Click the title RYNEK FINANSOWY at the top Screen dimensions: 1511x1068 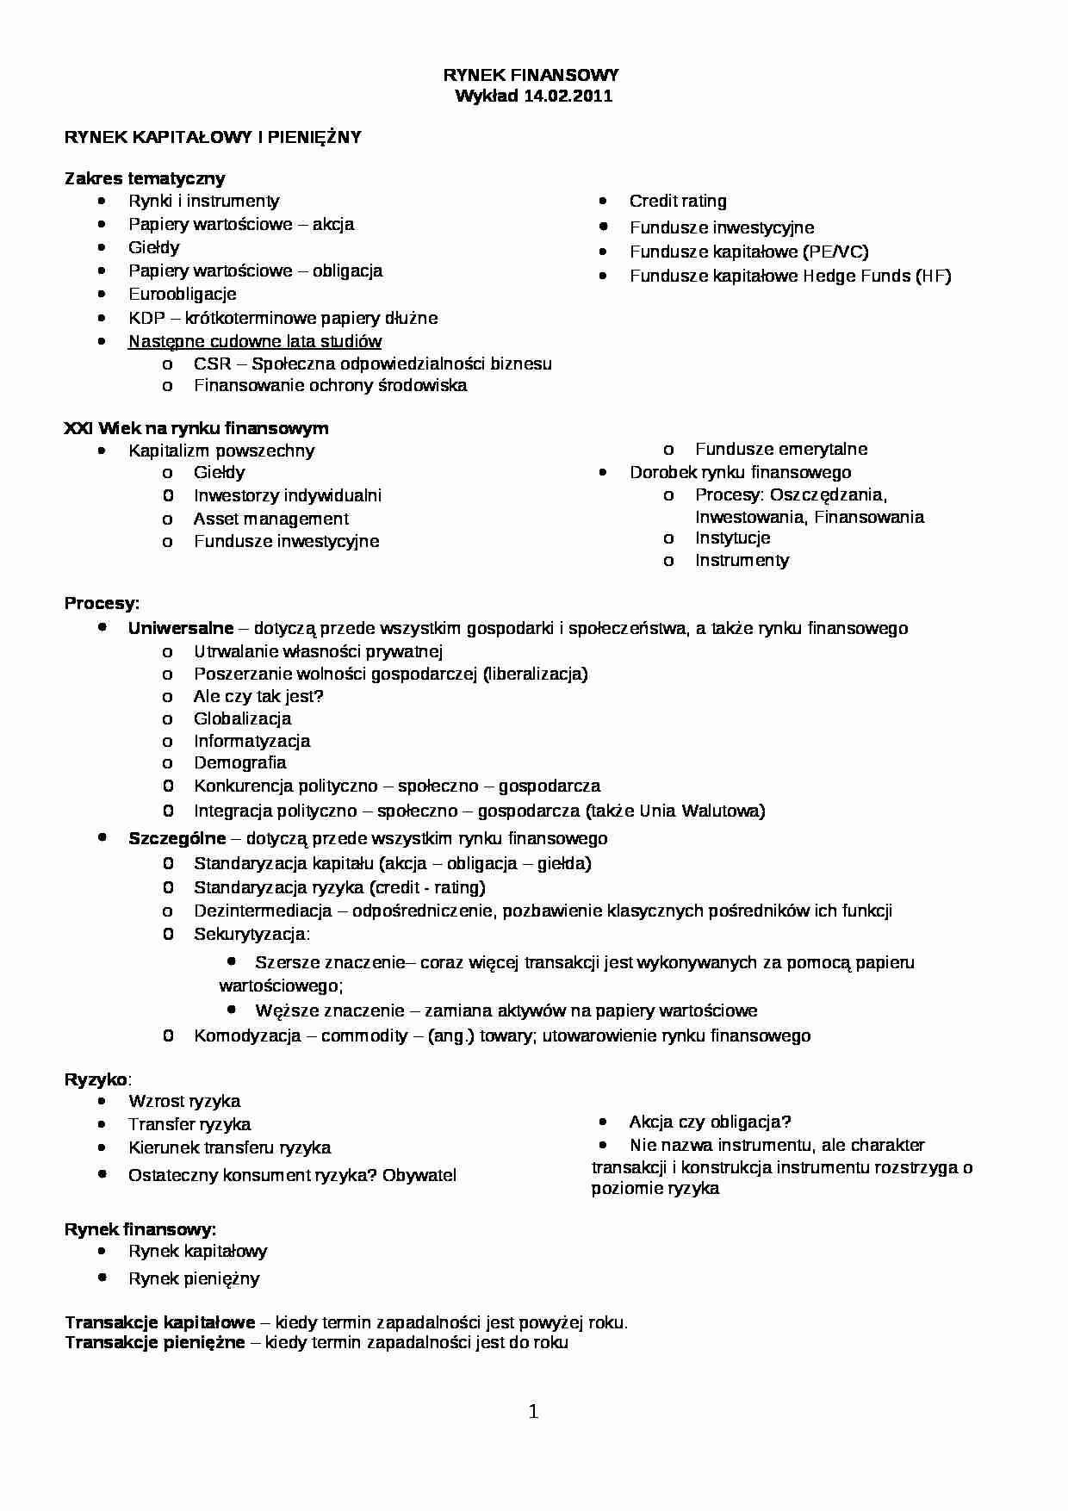point(531,76)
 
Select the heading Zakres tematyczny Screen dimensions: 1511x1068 point(145,179)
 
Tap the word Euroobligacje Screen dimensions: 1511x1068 point(182,295)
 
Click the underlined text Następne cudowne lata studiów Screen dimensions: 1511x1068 point(255,342)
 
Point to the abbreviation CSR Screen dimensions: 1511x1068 point(212,364)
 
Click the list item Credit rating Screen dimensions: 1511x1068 point(678,202)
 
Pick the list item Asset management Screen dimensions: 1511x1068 point(271,519)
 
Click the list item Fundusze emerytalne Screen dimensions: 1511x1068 point(781,450)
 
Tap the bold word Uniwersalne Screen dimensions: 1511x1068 point(181,629)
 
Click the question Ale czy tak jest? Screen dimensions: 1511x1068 point(258,697)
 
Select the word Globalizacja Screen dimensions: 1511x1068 point(242,719)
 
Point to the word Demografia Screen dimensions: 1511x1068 point(239,763)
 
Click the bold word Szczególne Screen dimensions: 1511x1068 point(177,839)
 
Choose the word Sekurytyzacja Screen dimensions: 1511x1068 point(250,935)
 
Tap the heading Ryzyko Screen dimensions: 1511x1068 point(96,1080)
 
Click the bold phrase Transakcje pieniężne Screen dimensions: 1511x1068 point(155,1343)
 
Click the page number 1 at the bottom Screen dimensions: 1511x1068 point(533,1412)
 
